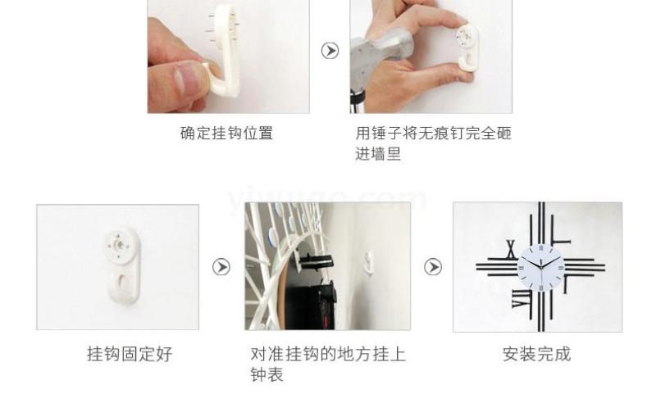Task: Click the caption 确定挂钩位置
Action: tap(227, 134)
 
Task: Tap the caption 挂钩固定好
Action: tap(130, 354)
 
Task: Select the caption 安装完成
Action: tap(537, 354)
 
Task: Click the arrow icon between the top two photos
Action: tap(330, 51)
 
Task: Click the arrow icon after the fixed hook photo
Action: tap(221, 267)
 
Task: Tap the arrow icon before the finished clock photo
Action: tap(433, 267)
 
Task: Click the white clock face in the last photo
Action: tap(541, 267)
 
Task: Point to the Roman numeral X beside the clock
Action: tap(511, 250)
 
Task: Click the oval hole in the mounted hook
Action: tap(124, 282)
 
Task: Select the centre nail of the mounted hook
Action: tap(120, 244)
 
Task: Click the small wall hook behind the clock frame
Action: tap(368, 263)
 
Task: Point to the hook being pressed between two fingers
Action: tap(467, 48)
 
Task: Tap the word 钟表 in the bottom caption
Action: tap(267, 375)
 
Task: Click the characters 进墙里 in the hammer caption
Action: tap(378, 154)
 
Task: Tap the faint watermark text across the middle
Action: tap(327, 199)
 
